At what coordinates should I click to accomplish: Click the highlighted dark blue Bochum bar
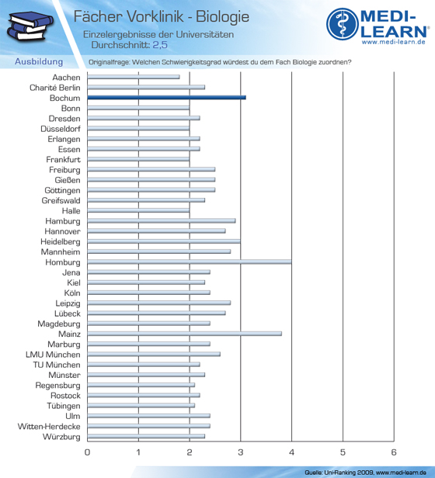point(166,98)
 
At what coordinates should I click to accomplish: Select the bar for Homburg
point(190,262)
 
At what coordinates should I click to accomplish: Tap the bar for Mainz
point(184,334)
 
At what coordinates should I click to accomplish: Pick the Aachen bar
point(134,77)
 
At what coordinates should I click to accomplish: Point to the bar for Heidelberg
point(164,241)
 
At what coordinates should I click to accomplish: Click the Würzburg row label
point(61,437)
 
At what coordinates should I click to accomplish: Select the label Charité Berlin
point(55,88)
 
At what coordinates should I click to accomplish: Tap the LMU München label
point(53,355)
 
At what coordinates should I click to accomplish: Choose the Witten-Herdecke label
point(49,426)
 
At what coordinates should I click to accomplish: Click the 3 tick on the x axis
point(241,452)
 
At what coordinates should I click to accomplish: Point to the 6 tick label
point(394,452)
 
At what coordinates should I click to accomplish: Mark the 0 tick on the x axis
point(87,452)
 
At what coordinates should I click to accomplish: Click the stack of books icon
point(30,26)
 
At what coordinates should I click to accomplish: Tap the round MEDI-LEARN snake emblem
point(342,24)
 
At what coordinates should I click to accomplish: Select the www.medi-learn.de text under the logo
point(394,42)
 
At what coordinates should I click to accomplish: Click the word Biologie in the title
point(222,16)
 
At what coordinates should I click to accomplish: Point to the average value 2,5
point(160,45)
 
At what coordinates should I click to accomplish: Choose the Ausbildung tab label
point(39,61)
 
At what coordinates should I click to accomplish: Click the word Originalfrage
point(109,62)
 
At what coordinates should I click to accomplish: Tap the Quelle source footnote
point(365,473)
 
